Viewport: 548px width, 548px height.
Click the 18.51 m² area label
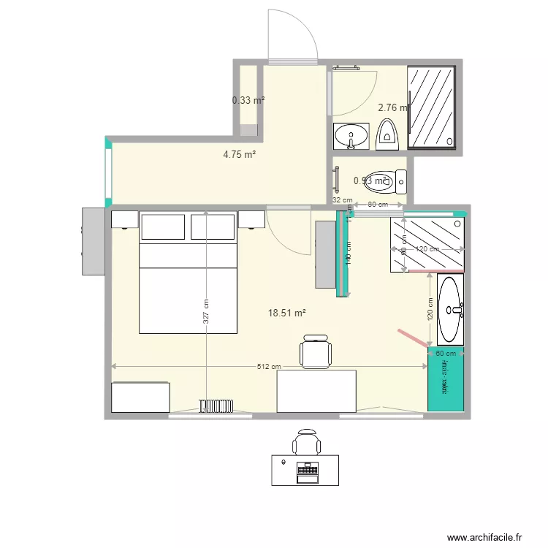286,313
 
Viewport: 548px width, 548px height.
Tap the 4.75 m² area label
239,154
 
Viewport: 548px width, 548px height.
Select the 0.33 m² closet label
248,100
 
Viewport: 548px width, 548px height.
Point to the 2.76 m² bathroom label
393,107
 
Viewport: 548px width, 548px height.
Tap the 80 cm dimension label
377,205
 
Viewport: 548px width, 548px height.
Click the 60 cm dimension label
445,353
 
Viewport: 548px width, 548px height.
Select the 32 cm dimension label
342,199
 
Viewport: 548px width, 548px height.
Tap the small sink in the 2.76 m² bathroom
352,136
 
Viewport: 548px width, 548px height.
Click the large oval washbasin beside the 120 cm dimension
450,309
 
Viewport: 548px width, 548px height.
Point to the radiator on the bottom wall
216,406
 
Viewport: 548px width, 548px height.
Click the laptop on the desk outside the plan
305,472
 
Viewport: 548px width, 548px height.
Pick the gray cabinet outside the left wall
93,241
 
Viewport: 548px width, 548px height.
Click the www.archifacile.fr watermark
487,537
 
